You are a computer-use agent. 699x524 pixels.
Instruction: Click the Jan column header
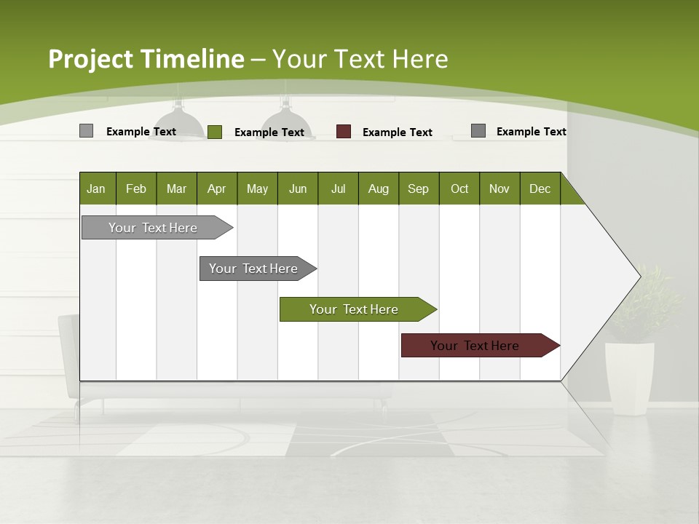(x=97, y=188)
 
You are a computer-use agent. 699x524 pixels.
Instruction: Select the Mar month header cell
(x=176, y=188)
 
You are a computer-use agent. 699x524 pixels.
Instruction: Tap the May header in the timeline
(x=257, y=188)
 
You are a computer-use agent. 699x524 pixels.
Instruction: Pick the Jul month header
(x=338, y=188)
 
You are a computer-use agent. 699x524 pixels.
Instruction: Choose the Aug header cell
(x=379, y=188)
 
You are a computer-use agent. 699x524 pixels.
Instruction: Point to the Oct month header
(x=459, y=188)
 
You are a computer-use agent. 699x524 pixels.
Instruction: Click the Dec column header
(x=540, y=188)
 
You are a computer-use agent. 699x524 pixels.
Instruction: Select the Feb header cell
(x=136, y=188)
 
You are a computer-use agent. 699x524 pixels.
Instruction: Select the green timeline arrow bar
(x=355, y=309)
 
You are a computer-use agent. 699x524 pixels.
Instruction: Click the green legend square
(x=215, y=132)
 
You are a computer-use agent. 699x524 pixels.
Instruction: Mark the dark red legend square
(x=344, y=132)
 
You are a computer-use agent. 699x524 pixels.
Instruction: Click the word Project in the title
(x=91, y=59)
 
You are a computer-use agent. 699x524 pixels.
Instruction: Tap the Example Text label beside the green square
(x=269, y=132)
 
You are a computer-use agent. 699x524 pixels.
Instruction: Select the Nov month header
(x=499, y=188)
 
